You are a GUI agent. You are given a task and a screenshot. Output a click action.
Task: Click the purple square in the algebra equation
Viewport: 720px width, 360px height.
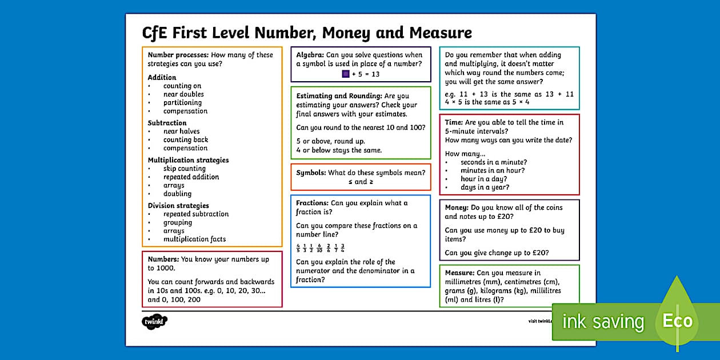coord(346,74)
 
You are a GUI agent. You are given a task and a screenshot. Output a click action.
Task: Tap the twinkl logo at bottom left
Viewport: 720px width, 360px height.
coord(154,322)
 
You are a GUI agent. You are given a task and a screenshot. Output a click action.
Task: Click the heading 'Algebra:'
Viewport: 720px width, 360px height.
coord(310,55)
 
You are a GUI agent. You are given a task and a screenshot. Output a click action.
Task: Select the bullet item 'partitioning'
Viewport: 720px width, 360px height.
coord(182,103)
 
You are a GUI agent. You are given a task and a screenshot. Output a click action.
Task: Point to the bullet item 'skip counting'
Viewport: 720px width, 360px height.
coord(184,169)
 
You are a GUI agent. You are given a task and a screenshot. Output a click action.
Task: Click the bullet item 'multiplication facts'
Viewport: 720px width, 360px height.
coord(194,239)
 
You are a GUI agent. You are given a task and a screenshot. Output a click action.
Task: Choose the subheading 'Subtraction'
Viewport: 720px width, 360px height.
coord(167,123)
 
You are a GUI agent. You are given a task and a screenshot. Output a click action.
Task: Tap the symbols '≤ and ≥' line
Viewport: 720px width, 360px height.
coord(361,182)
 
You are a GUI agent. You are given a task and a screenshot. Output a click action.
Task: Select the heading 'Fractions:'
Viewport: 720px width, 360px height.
coord(312,203)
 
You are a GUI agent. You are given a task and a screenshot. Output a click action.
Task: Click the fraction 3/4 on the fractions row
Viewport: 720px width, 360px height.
coord(342,248)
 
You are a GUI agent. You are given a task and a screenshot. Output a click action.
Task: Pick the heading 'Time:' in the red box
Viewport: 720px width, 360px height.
coord(454,122)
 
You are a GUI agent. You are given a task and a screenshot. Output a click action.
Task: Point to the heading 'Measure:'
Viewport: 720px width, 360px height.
coord(460,273)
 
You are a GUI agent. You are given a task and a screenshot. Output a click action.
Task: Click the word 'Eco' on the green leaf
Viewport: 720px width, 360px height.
coord(677,321)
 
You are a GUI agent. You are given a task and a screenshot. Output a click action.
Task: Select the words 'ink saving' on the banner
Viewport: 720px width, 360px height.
coord(603,322)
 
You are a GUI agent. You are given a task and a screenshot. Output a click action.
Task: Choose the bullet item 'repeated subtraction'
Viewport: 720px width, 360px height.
coord(195,214)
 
